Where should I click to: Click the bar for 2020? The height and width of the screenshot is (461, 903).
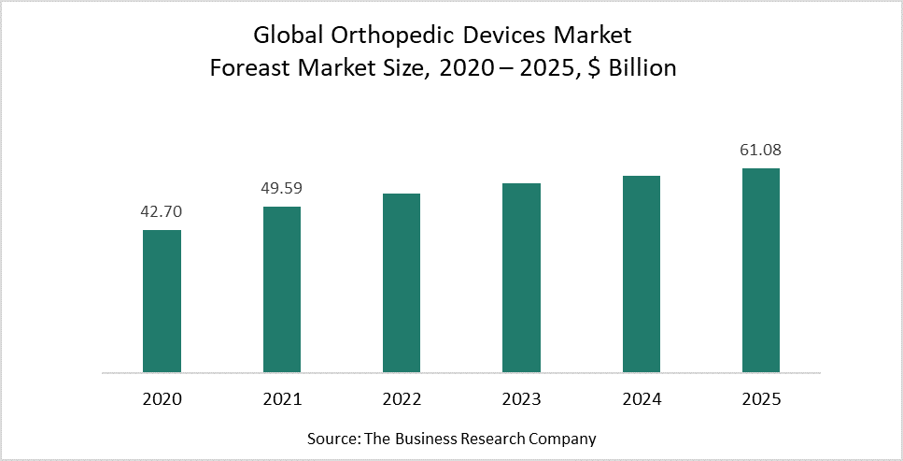tap(162, 301)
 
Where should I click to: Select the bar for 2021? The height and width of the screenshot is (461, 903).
tap(282, 290)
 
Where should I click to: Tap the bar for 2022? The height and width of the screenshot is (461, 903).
tap(402, 283)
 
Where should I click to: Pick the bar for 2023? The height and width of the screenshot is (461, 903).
tap(521, 278)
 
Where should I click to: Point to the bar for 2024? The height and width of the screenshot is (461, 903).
tap(642, 274)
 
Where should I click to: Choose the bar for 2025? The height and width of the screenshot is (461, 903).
tap(761, 270)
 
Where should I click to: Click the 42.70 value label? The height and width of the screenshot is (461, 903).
tap(162, 212)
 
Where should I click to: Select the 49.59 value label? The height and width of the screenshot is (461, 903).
tap(282, 189)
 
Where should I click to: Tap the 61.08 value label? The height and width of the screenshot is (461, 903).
tap(761, 151)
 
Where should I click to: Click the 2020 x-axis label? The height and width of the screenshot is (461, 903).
tap(162, 399)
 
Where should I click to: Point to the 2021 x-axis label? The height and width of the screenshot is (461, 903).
tap(282, 399)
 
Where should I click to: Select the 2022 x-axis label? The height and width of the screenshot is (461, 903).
tap(402, 399)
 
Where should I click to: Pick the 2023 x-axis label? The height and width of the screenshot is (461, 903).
tap(521, 399)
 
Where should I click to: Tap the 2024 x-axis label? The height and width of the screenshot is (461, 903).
tap(642, 399)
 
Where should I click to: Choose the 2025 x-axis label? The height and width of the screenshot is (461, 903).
tap(761, 399)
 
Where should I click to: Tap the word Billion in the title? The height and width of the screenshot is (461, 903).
tap(639, 68)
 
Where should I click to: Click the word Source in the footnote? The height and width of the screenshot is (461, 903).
tap(330, 438)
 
